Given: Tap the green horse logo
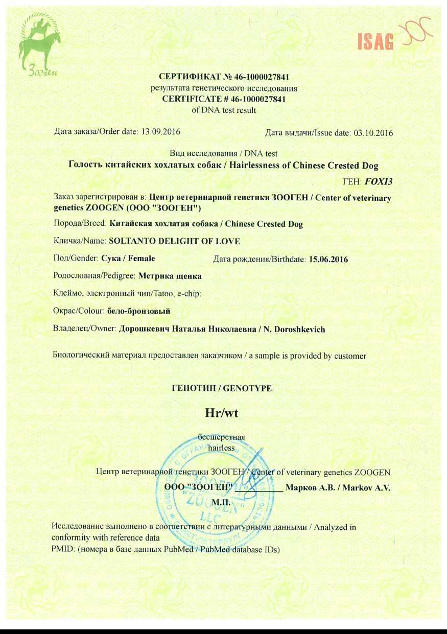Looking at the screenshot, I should [39, 43].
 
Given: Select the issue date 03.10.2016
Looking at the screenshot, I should [373, 133].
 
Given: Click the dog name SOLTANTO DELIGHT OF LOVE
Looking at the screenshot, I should [171, 241].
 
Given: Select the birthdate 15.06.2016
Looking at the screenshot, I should [328, 260].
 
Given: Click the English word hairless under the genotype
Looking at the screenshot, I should [221, 448].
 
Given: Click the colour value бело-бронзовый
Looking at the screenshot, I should [138, 311].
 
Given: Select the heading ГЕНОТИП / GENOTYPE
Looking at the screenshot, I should [222, 388].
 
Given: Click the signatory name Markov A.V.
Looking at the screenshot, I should [366, 488].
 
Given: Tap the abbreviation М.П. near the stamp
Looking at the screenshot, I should [221, 503].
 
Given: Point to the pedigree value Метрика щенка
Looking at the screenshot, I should [170, 276].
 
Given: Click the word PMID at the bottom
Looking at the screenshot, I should [61, 550].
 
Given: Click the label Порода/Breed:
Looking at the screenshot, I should [80, 224].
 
